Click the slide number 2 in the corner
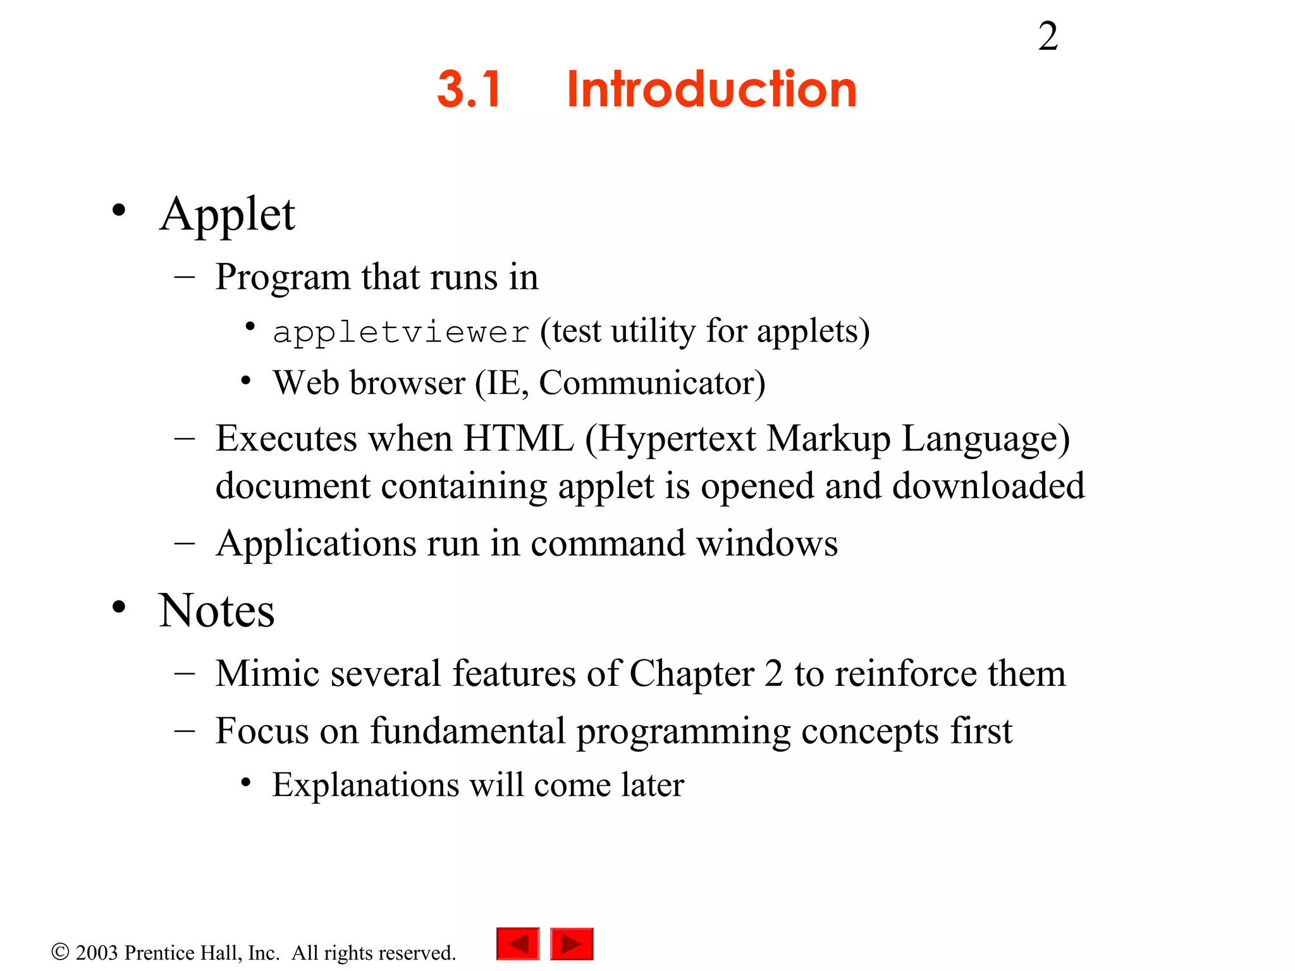(1048, 37)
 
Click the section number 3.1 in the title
(469, 89)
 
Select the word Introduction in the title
(711, 89)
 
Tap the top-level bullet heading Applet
(227, 215)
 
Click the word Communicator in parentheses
(647, 383)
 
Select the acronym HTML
(519, 438)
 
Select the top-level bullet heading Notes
(216, 611)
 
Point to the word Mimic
(266, 673)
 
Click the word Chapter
(692, 675)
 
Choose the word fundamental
(467, 731)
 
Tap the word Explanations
(365, 785)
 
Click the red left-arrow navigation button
(518, 944)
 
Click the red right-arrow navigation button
(572, 944)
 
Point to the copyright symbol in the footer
(60, 952)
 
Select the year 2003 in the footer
(97, 953)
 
